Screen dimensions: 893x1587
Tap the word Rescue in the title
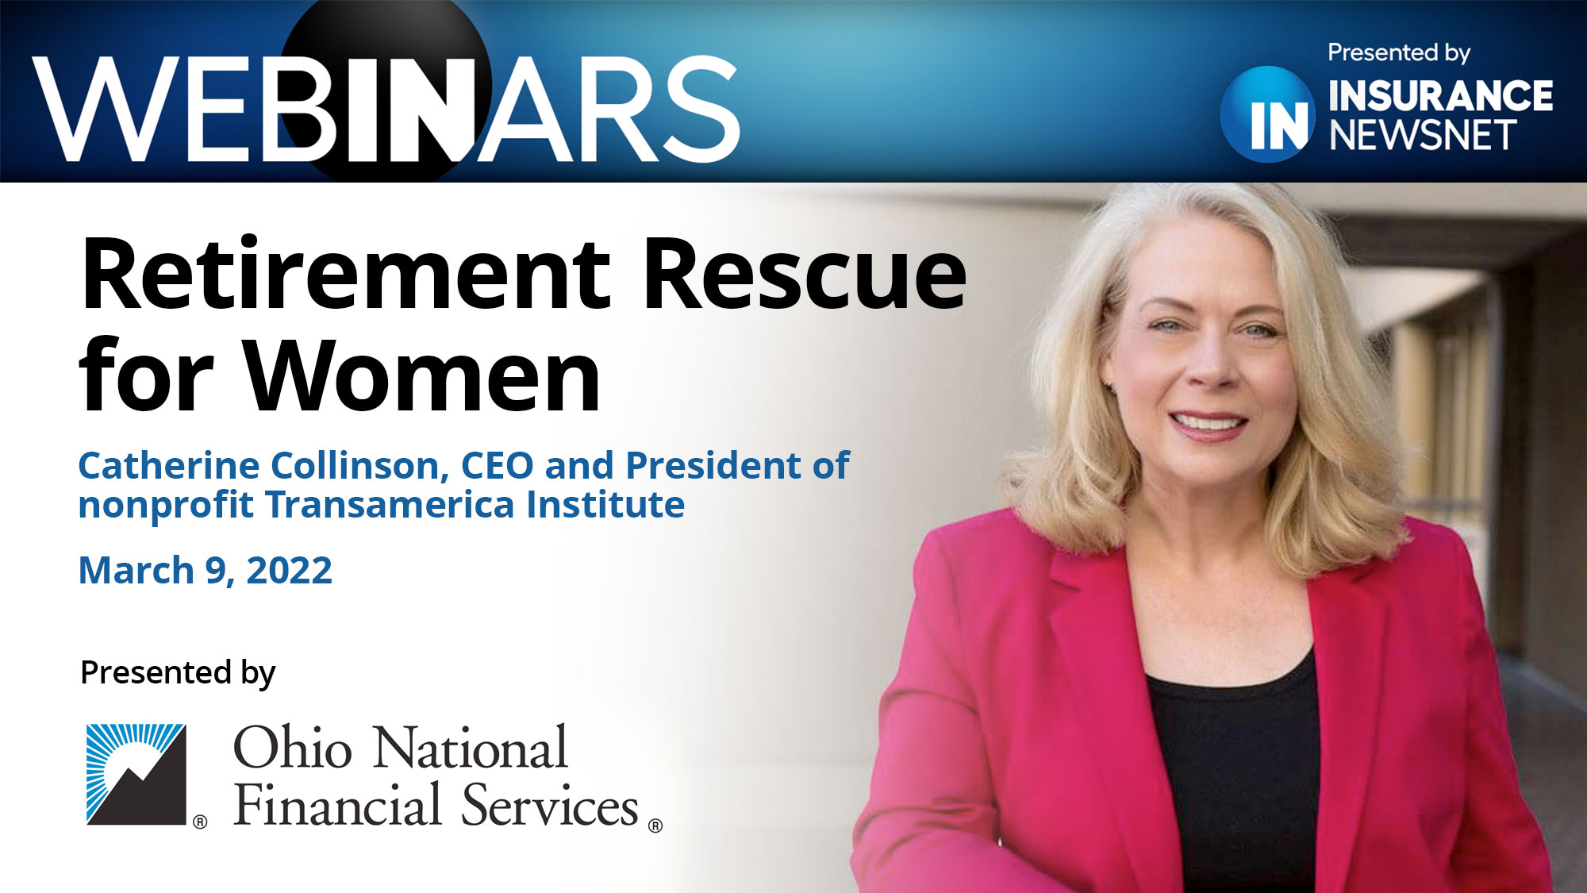804,275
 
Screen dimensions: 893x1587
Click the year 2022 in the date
289,571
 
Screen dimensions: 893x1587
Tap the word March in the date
136,571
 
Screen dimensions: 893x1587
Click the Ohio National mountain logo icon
136,774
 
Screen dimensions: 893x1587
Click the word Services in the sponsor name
549,806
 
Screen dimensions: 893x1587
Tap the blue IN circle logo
1268,115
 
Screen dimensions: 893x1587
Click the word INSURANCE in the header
1440,96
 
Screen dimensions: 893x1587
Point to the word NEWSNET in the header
1423,136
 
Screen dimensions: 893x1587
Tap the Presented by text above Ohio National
178,673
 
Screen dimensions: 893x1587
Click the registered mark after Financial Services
655,826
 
